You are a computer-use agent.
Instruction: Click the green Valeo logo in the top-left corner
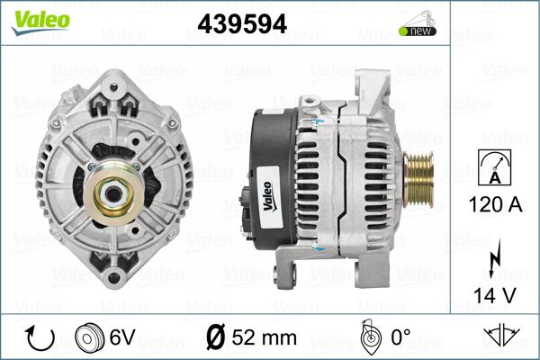pos(40,22)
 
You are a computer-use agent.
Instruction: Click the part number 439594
pos(242,24)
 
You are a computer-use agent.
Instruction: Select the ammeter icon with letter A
pos(494,167)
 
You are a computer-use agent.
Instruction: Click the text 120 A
pos(495,204)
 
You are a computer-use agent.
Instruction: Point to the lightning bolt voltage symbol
pos(494,257)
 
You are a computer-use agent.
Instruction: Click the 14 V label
pos(495,295)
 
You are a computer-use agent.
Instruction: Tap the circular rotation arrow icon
pos(40,338)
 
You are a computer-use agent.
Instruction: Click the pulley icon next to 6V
pos(89,337)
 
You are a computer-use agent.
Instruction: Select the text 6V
pos(122,337)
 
